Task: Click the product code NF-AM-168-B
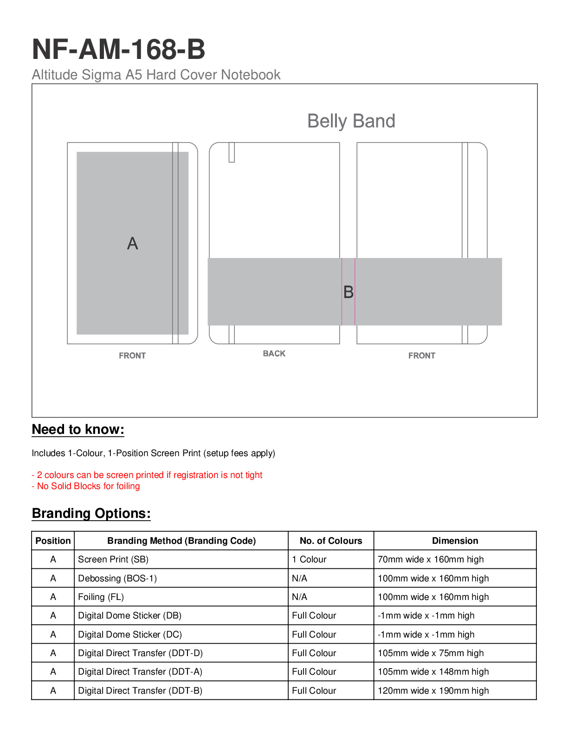point(118,50)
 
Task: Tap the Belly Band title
point(351,121)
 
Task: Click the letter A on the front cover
point(132,243)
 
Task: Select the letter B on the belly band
point(349,292)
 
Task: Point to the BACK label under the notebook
point(274,354)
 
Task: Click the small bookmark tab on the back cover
point(232,152)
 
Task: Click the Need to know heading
point(78,430)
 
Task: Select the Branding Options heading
point(91,514)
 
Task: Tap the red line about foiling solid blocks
point(86,486)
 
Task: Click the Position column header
point(53,541)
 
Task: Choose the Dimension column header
point(455,541)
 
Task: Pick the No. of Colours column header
point(331,541)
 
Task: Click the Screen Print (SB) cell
point(113,560)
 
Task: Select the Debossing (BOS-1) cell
point(117,579)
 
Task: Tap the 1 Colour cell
point(309,560)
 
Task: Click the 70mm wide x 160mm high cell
point(431,560)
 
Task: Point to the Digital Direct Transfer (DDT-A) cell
point(140,672)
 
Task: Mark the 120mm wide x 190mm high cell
point(433,691)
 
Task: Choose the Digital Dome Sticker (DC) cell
point(130,635)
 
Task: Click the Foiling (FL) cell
point(101,597)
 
